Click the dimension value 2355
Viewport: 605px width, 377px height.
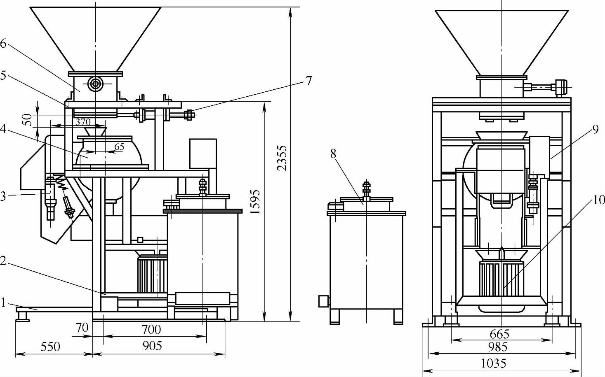[x=281, y=158]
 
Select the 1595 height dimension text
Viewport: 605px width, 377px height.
[x=255, y=202]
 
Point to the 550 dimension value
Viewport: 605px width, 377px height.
[x=50, y=347]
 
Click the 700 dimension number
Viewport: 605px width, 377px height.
[x=151, y=329]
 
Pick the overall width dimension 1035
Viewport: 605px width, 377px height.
[x=494, y=364]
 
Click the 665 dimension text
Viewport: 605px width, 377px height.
[x=499, y=335]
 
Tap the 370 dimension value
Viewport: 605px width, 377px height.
[x=83, y=122]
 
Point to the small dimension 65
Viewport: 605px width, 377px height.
[x=119, y=147]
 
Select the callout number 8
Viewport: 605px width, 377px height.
[x=333, y=154]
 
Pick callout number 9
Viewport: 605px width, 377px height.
[x=596, y=130]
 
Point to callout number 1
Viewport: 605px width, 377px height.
[x=3, y=303]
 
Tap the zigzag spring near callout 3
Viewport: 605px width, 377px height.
[x=61, y=181]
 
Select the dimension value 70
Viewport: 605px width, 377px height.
[x=82, y=328]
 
